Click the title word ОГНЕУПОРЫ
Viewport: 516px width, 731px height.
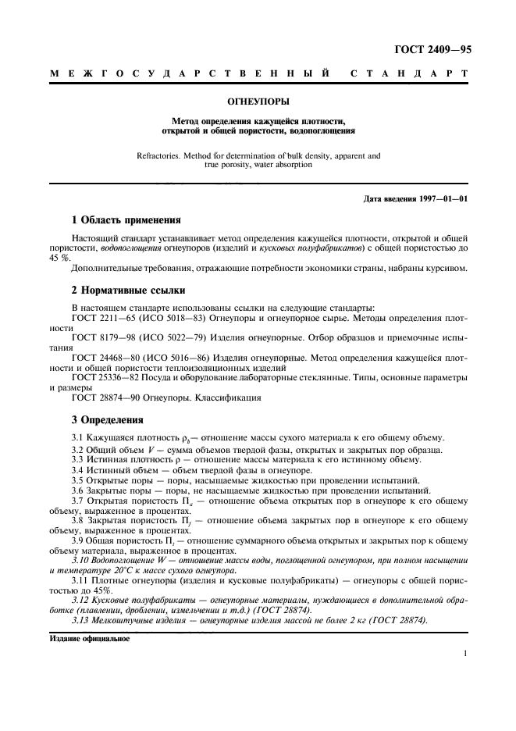[x=258, y=102]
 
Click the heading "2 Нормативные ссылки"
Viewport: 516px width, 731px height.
[x=123, y=289]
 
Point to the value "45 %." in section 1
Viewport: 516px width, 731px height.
[x=61, y=257]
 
